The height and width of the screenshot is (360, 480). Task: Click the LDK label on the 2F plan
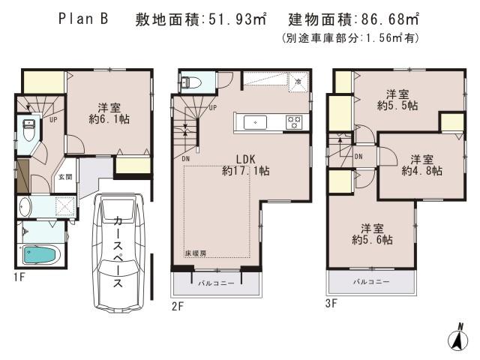(x=246, y=159)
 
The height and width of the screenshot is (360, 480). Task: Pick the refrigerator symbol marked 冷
(x=298, y=81)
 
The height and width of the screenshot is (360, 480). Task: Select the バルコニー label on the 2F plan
(x=216, y=283)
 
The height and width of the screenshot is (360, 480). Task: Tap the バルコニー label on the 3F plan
(x=371, y=282)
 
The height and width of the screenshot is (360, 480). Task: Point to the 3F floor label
(x=331, y=304)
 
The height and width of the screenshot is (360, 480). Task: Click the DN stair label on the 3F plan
(x=358, y=157)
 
